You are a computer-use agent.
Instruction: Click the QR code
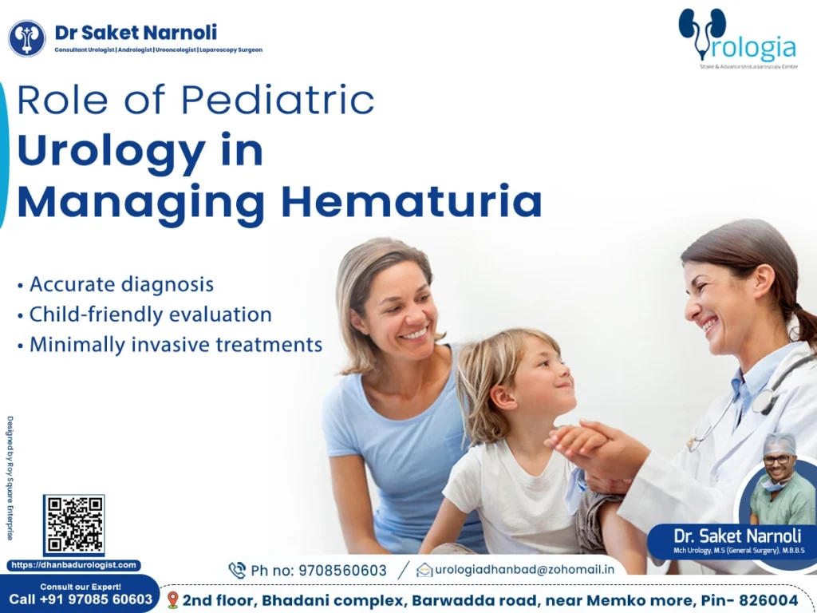click(x=73, y=525)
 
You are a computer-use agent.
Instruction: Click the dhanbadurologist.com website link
click(x=73, y=565)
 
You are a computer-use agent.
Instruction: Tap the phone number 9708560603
click(x=342, y=571)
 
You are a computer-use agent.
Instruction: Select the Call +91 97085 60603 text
click(x=80, y=599)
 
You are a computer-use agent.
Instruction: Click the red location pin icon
click(x=172, y=599)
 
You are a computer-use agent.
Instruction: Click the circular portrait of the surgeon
click(x=777, y=479)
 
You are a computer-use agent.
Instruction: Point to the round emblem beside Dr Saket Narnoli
click(x=27, y=38)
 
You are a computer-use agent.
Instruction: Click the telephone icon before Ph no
click(x=237, y=570)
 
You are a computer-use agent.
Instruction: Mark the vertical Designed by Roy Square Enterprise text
click(x=10, y=477)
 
